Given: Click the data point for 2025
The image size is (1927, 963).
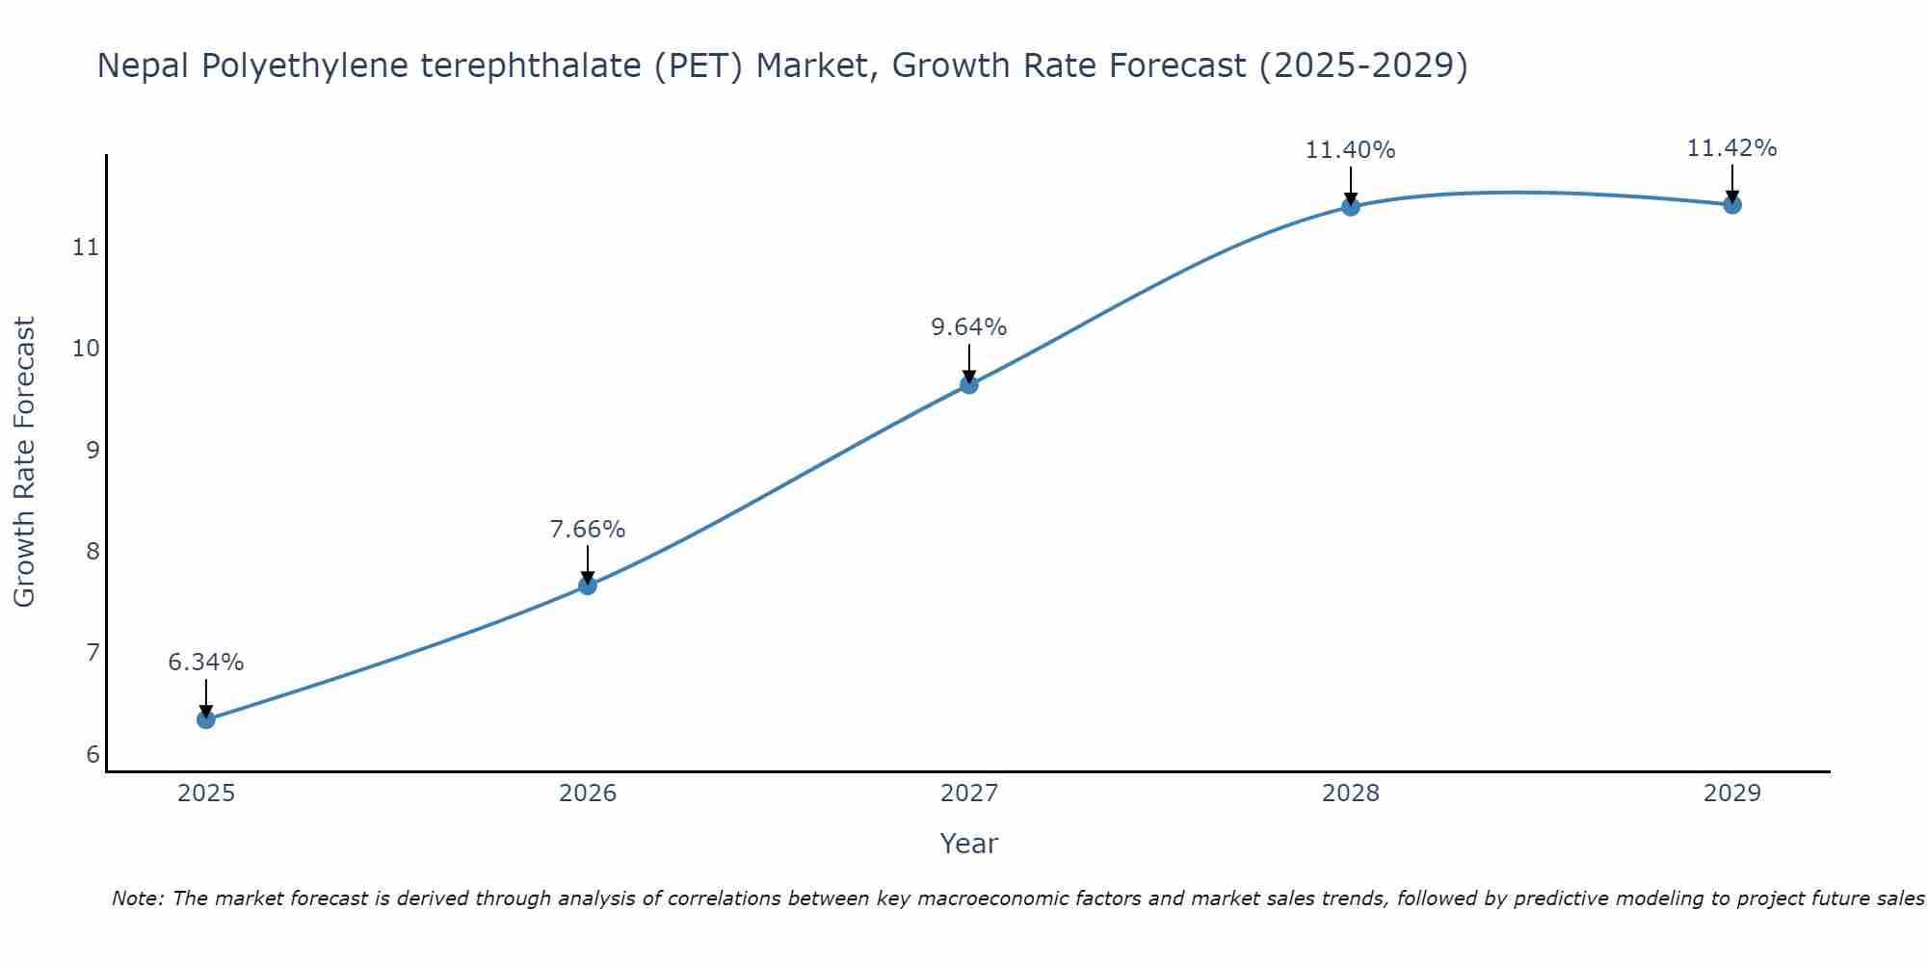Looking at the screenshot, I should point(206,719).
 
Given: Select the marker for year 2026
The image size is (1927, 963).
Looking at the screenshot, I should point(588,586).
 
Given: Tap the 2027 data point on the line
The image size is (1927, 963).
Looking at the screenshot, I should point(969,385).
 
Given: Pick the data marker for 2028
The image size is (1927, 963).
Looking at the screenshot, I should point(1351,206).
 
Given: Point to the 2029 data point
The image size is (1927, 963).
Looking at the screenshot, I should point(1732,204).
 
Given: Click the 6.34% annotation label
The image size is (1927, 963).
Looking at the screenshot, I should point(206,663).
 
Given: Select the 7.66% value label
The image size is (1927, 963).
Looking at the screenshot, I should point(588,530).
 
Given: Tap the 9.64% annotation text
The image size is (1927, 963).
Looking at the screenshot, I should point(969,327).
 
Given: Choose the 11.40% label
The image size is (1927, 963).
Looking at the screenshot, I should point(1351,150).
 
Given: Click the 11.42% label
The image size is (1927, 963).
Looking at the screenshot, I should point(1732,148).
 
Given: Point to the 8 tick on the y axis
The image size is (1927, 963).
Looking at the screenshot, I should point(92,552).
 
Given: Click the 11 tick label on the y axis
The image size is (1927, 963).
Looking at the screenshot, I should point(86,247).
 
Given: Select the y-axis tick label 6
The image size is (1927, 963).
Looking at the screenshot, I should point(92,754).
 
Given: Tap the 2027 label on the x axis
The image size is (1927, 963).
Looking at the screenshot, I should point(969,794).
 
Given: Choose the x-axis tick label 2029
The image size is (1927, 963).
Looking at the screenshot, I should point(1732,794).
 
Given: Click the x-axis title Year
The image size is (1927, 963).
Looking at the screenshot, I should point(969,844).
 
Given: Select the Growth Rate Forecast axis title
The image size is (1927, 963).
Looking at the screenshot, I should point(25,462).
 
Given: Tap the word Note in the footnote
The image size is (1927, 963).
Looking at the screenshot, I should point(139,898).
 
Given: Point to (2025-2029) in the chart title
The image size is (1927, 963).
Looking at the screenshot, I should point(1363,66).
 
